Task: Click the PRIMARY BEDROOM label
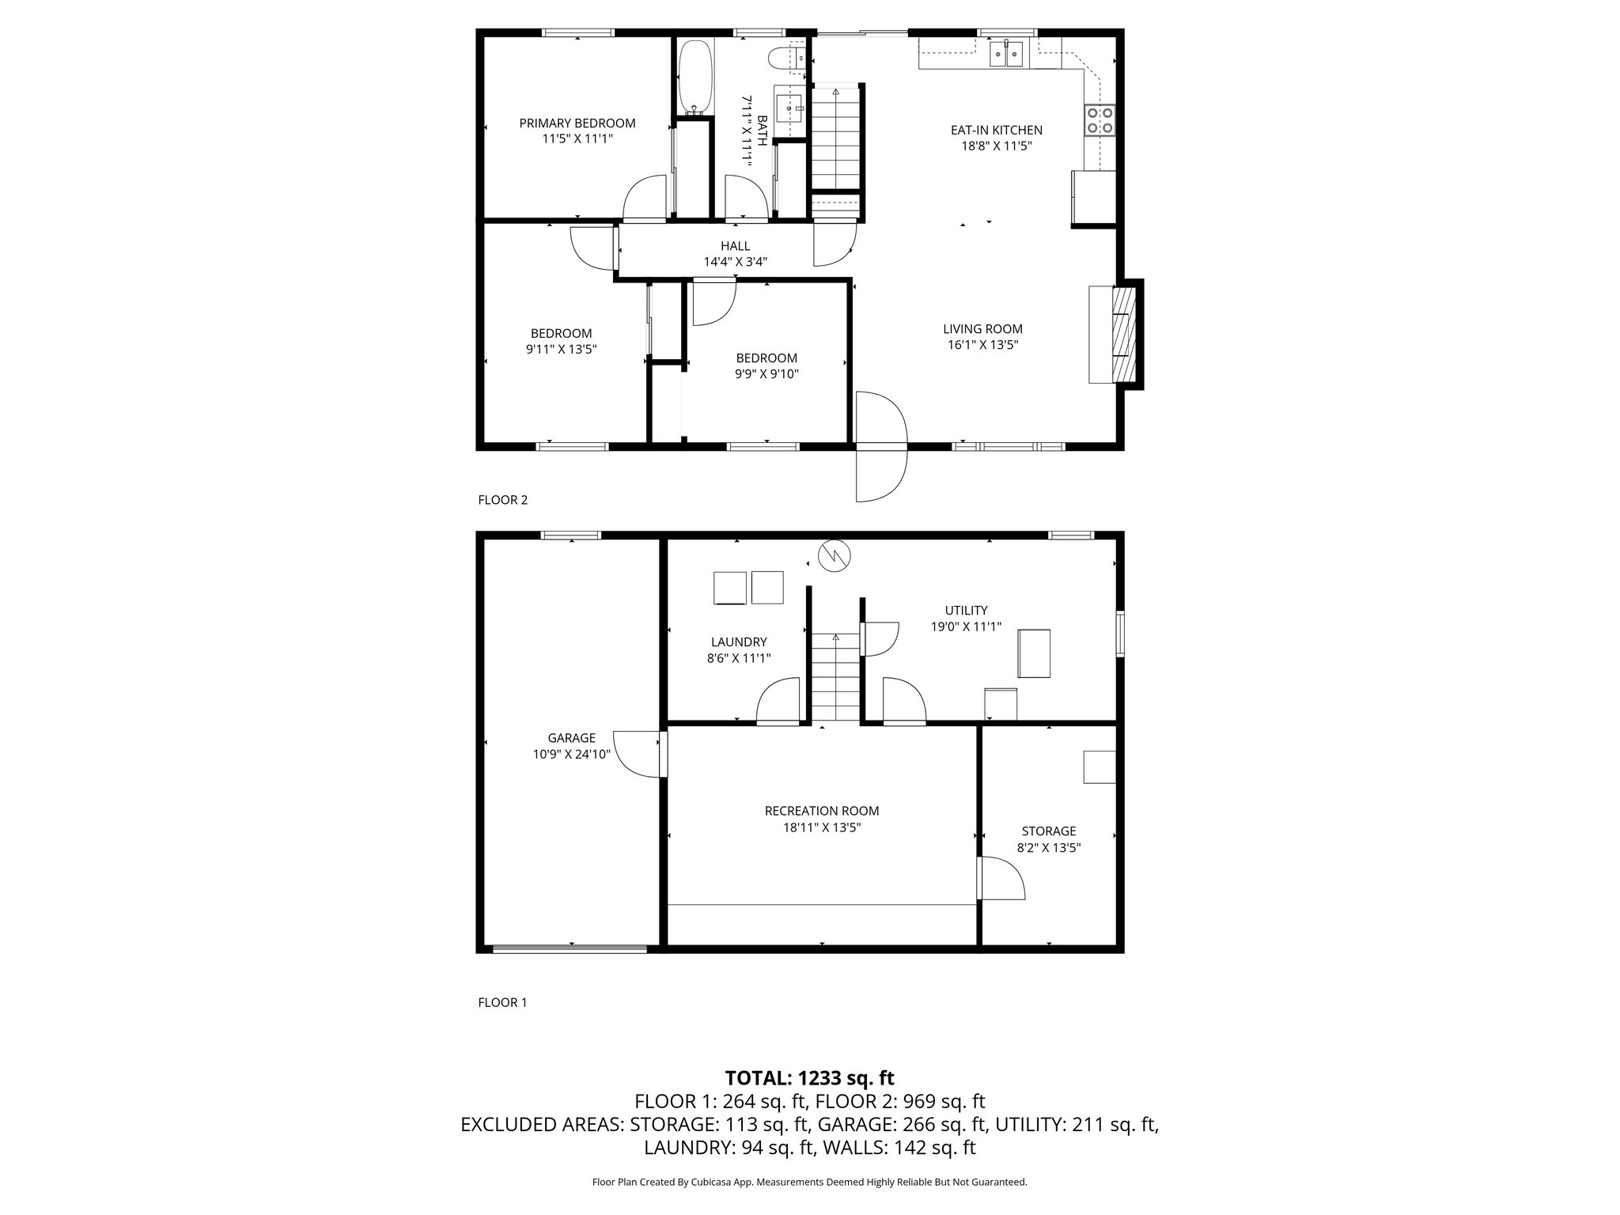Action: pos(577,123)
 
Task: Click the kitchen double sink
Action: pos(1007,54)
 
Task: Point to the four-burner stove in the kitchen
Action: pos(1100,120)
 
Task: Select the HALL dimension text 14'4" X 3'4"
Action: pos(735,262)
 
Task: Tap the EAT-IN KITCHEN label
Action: pos(996,130)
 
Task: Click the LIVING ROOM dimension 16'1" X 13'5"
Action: pos(982,345)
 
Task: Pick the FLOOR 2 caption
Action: pos(502,500)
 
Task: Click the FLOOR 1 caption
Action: pos(502,1002)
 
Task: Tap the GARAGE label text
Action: pos(571,738)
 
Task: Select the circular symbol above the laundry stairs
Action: pos(834,555)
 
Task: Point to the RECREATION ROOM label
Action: pos(821,811)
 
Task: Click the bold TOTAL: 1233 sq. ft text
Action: pos(809,1077)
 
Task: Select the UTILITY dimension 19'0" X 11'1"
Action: pos(966,626)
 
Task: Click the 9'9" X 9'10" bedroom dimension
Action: pos(766,374)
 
